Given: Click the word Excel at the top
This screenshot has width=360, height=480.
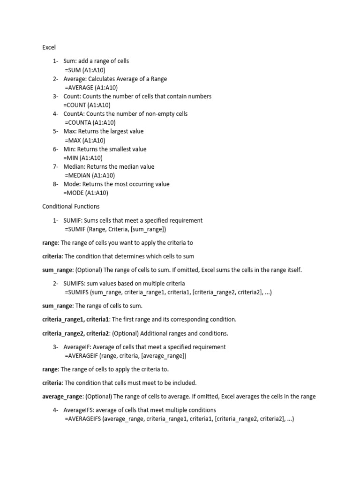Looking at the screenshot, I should tap(49, 47).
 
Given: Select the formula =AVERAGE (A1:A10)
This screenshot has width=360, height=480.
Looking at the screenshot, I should tap(91, 88).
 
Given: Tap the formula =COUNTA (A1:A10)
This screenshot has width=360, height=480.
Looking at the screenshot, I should tap(90, 123).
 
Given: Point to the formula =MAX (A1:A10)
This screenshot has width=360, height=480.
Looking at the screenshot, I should tap(85, 140).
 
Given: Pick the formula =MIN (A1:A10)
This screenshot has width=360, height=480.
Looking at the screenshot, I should tap(83, 158).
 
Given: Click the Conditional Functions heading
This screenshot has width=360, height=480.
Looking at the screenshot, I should tap(71, 206).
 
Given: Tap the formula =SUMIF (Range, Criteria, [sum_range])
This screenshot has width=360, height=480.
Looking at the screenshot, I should tap(115, 229).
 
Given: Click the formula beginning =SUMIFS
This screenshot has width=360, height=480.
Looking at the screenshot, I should tap(168, 292).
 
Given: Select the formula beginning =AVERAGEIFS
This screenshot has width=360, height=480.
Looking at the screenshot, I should tap(179, 419).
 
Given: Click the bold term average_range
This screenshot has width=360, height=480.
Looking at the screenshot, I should tap(62, 397).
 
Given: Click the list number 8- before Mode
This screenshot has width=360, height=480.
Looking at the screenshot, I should tap(56, 184).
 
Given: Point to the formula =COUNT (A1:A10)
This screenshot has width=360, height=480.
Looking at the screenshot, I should tap(87, 105).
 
